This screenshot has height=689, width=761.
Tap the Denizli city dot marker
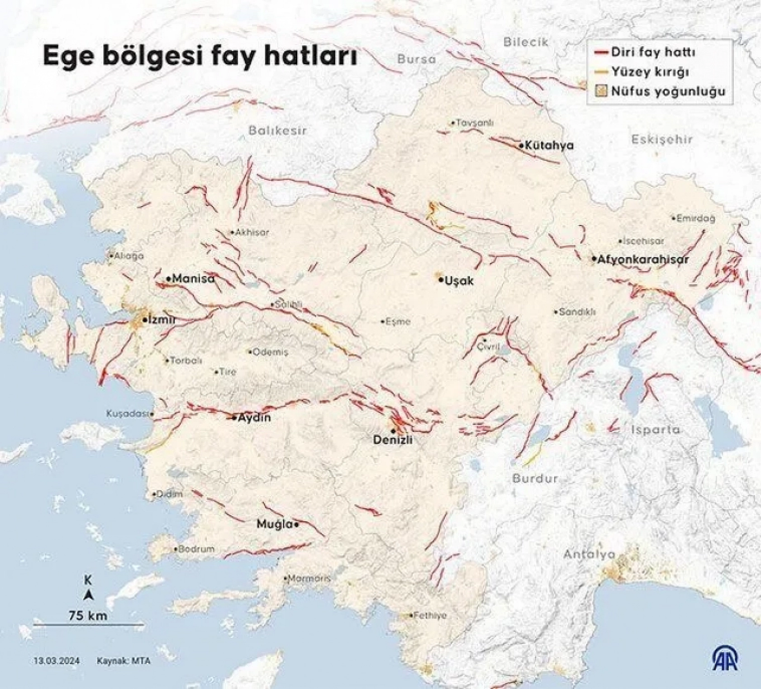point(394,431)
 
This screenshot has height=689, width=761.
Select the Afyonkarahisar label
point(643,259)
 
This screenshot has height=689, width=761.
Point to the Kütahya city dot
point(521,145)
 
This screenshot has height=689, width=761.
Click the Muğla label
point(275,524)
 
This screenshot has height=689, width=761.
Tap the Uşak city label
point(459,281)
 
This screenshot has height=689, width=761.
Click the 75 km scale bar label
point(88,615)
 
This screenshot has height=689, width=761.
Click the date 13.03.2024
point(56,661)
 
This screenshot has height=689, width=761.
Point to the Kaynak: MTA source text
point(123,661)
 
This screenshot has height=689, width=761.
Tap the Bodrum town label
point(196,549)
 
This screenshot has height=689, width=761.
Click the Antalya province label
point(589,554)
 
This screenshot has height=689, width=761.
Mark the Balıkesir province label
point(277,131)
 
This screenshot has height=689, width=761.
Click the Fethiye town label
point(430,615)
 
